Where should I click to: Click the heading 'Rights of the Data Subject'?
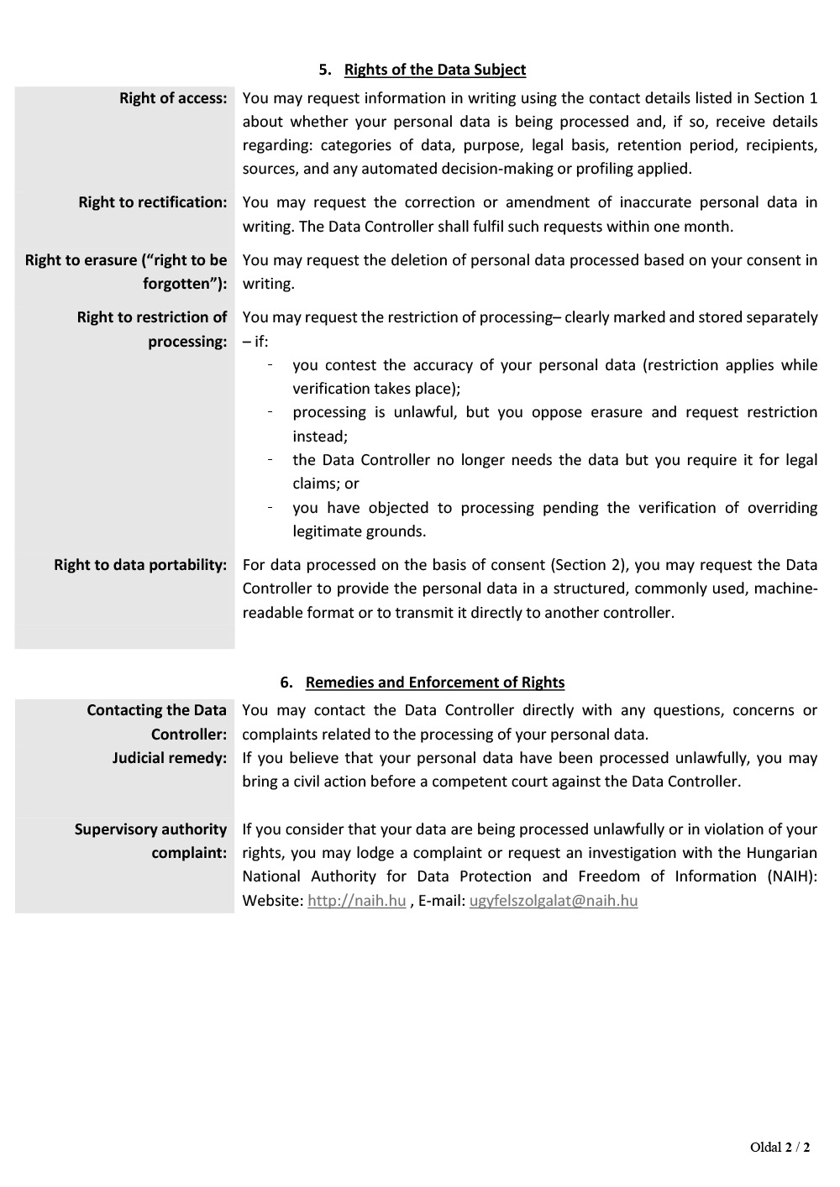[x=435, y=70]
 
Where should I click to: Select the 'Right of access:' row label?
[x=173, y=98]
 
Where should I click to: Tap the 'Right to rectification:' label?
[x=153, y=202]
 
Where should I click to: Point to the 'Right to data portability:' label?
[x=140, y=565]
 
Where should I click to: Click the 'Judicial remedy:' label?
[x=170, y=758]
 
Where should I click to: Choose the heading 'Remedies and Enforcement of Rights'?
[x=435, y=682]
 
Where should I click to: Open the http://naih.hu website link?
[x=357, y=901]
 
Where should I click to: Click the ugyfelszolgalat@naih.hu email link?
[x=554, y=901]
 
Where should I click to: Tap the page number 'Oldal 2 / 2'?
[x=780, y=1148]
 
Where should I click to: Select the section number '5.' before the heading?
[x=325, y=70]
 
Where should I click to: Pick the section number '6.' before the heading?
[x=286, y=682]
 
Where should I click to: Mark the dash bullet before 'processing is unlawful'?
[x=270, y=412]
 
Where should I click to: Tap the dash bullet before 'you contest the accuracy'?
[x=270, y=365]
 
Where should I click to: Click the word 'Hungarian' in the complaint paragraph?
[x=782, y=853]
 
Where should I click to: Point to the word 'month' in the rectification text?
[x=710, y=227]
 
